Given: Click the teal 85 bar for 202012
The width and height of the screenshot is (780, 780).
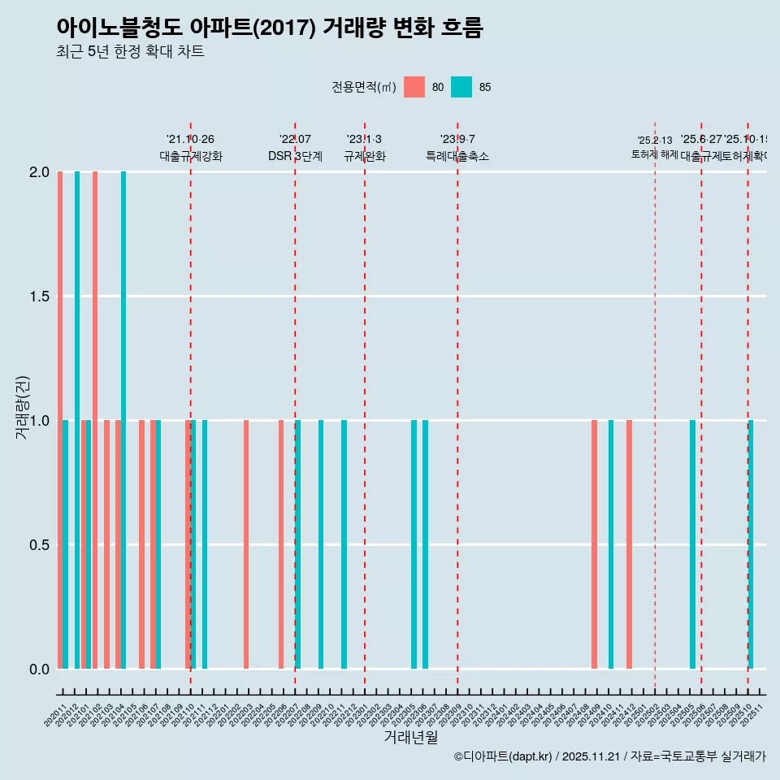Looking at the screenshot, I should pyautogui.click(x=77, y=420).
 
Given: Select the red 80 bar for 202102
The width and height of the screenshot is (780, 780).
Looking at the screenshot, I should pyautogui.click(x=95, y=420).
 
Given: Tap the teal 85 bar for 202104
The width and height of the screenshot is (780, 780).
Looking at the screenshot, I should pyautogui.click(x=123, y=420).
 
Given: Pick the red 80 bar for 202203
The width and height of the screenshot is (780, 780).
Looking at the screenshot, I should pyautogui.click(x=246, y=544).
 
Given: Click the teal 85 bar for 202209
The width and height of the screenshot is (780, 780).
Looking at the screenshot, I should pyautogui.click(x=321, y=544).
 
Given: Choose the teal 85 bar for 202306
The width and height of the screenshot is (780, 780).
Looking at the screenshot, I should pyautogui.click(x=425, y=544).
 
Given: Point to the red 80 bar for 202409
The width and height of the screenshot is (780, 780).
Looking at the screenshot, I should pyautogui.click(x=594, y=544).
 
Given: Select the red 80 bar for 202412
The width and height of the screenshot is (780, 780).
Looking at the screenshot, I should pyautogui.click(x=629, y=544).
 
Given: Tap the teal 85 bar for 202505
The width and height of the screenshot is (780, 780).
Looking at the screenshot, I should pyautogui.click(x=692, y=544).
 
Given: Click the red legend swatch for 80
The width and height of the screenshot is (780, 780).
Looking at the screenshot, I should pyautogui.click(x=414, y=87).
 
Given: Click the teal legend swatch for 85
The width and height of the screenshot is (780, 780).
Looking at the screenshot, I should pyautogui.click(x=461, y=87).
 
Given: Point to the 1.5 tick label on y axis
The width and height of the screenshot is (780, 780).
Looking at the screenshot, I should pyautogui.click(x=38, y=297).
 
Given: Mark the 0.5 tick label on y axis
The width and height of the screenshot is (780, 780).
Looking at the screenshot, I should pyautogui.click(x=38, y=545).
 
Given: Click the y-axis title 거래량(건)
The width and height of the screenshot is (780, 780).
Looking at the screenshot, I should pyautogui.click(x=23, y=407).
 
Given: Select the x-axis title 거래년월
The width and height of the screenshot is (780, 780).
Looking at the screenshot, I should pyautogui.click(x=410, y=738).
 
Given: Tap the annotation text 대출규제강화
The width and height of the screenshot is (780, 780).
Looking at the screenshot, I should pyautogui.click(x=190, y=156).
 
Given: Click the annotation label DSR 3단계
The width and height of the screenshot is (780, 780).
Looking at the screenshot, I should pyautogui.click(x=295, y=156).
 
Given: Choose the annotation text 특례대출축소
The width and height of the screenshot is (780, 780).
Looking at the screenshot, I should pyautogui.click(x=457, y=156).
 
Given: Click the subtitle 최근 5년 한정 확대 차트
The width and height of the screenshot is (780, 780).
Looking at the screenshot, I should pyautogui.click(x=130, y=52).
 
